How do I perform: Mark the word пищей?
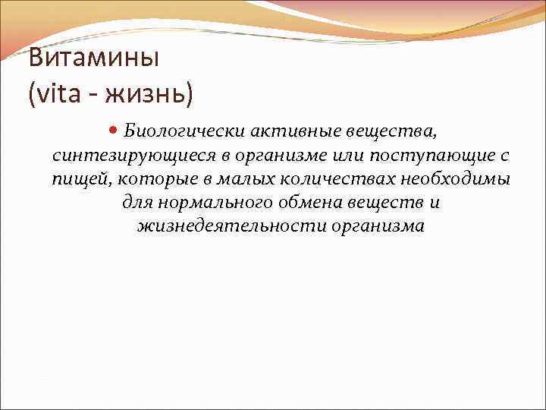click(x=75, y=180)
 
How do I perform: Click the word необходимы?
click(x=457, y=179)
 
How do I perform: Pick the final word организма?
click(x=378, y=227)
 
